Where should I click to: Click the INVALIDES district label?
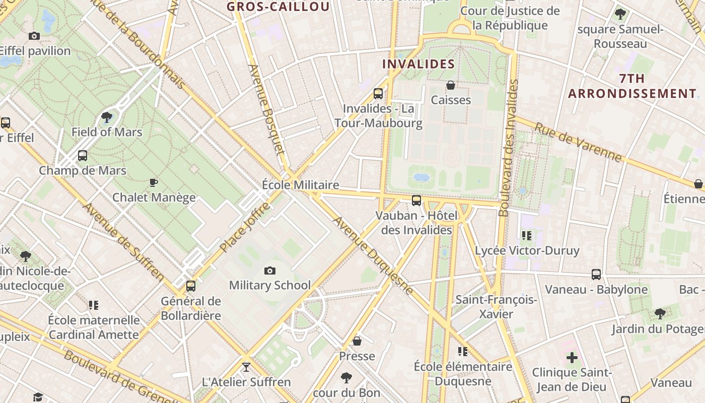click(x=418, y=64)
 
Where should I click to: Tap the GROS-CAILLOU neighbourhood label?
click(x=278, y=7)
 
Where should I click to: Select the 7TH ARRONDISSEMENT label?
click(x=632, y=86)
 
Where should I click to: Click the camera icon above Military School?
click(x=270, y=271)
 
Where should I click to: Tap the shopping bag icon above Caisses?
click(x=451, y=85)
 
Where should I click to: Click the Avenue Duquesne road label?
click(x=373, y=255)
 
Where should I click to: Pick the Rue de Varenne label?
click(x=578, y=143)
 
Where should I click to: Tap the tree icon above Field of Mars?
click(x=106, y=118)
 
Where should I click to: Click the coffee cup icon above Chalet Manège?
click(x=154, y=182)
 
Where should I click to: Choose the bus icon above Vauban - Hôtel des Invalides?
click(x=416, y=200)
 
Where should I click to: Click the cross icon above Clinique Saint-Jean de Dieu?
click(x=572, y=358)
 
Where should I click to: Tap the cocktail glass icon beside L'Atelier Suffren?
click(x=246, y=367)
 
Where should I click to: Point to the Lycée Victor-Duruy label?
click(x=527, y=250)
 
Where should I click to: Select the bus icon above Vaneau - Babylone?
click(x=596, y=275)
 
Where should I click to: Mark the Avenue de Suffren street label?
click(x=123, y=242)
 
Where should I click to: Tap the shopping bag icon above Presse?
click(x=357, y=341)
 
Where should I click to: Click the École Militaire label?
click(x=300, y=185)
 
